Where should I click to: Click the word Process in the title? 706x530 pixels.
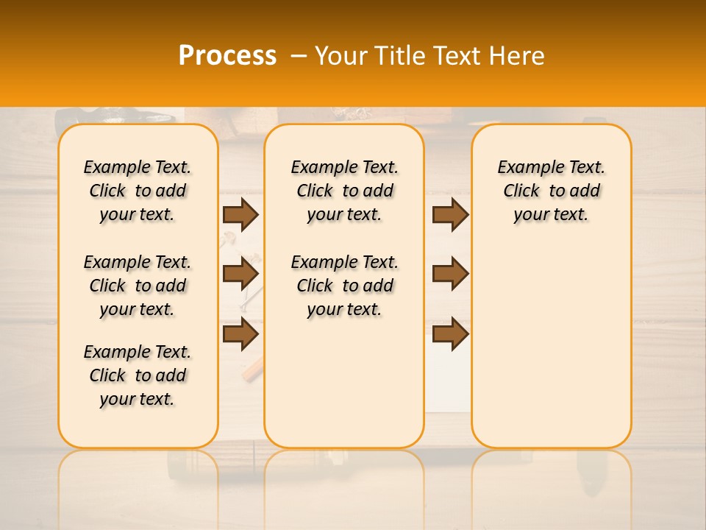[x=227, y=56]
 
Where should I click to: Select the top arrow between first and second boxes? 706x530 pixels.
[x=240, y=214]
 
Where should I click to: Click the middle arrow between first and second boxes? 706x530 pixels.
[x=240, y=274]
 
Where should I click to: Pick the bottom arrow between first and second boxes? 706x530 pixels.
[x=240, y=333]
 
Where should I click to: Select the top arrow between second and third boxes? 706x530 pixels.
[x=450, y=214]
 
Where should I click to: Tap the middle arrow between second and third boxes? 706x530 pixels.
[x=450, y=274]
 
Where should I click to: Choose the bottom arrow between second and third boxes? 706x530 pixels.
[x=450, y=333]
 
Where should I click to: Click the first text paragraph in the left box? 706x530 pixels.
[x=138, y=191]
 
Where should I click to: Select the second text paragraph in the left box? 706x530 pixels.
[x=138, y=286]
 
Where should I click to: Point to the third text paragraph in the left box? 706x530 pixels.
[x=138, y=375]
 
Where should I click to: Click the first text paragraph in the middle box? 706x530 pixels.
[x=344, y=191]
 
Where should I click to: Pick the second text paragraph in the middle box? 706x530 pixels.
[x=344, y=286]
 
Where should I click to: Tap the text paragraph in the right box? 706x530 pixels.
[x=551, y=191]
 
